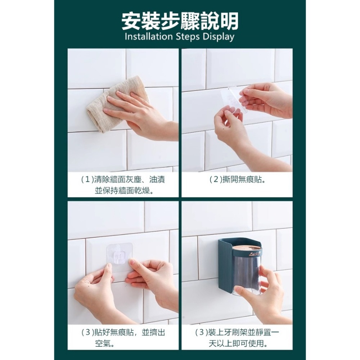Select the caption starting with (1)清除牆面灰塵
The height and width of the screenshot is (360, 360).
[x=123, y=184]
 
